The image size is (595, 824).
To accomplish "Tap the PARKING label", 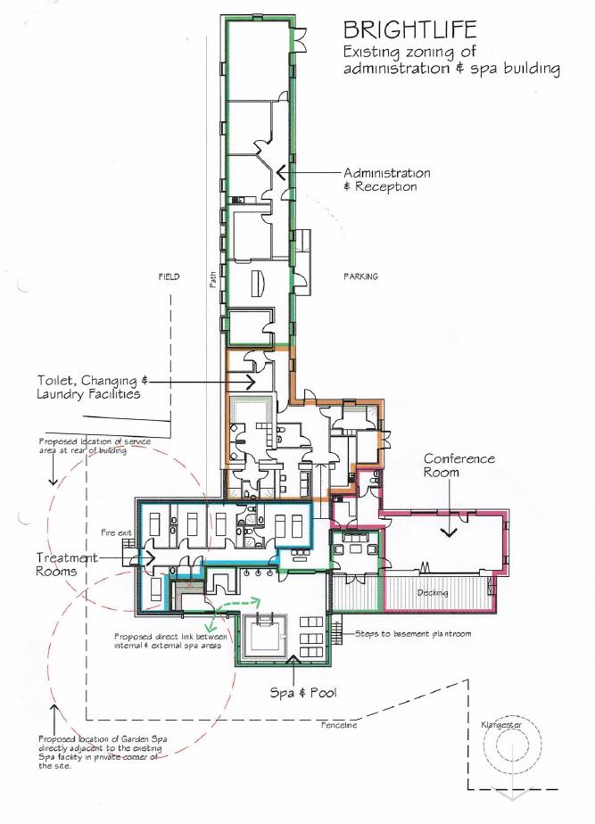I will pos(360,276).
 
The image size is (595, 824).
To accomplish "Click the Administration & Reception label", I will pos(386,179).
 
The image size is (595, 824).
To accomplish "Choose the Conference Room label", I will pos(459,465).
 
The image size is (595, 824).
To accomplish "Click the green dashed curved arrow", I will pos(239,607).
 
